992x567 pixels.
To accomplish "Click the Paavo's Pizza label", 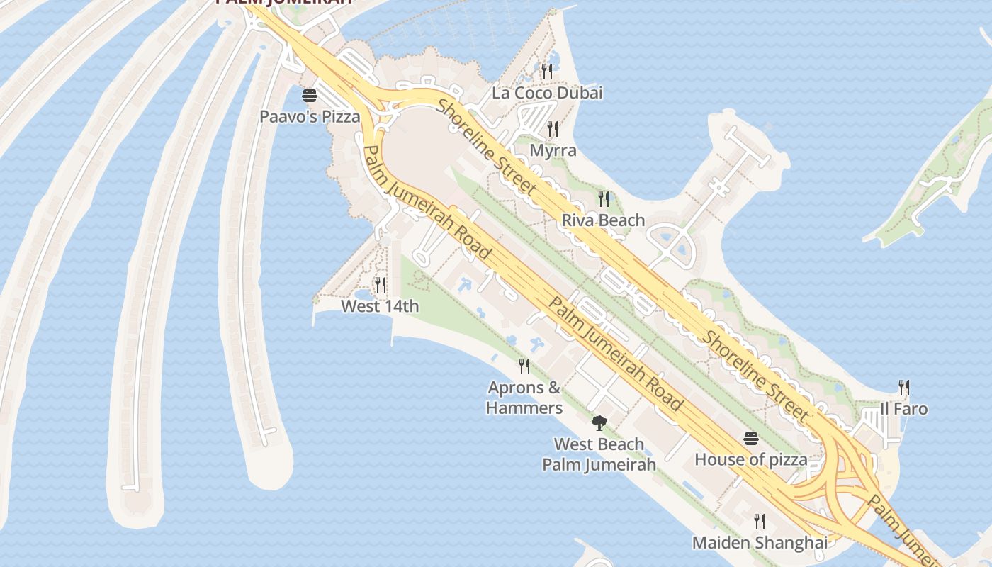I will [310, 117].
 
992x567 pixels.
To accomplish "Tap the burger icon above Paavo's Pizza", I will [310, 96].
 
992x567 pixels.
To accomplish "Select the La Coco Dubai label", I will [547, 93].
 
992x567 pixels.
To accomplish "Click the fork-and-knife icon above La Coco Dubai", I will [546, 71].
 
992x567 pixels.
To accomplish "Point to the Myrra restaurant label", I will [553, 151].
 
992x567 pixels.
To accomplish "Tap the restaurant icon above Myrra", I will [553, 129].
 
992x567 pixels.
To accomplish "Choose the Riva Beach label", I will [603, 220].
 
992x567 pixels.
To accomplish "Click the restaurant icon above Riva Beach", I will [603, 198].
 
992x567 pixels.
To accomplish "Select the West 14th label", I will [380, 307].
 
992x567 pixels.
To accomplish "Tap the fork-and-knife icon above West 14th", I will [381, 285].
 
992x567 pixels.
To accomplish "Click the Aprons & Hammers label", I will [524, 398].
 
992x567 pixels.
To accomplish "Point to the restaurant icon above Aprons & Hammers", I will [524, 366].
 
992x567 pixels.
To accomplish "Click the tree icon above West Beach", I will [599, 423].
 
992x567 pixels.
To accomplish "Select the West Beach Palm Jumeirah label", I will [599, 454].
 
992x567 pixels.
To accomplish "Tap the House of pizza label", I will [750, 460].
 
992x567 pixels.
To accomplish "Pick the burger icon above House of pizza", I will [751, 439].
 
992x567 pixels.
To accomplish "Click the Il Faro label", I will [903, 409].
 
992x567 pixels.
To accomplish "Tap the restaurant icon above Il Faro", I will [903, 388].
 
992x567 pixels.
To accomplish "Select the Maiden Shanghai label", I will [760, 544].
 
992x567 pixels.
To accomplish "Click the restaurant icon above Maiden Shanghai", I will [760, 522].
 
